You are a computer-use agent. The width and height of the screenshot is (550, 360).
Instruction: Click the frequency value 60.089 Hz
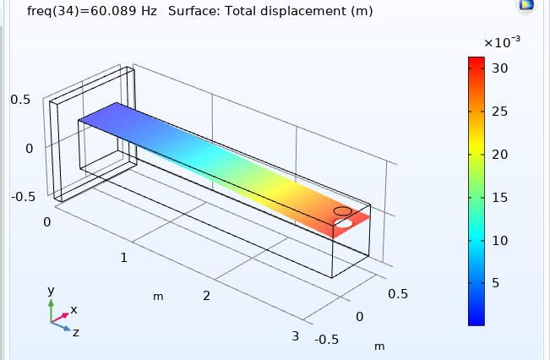(124, 11)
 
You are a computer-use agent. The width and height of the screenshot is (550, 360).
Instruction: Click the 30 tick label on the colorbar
(500, 68)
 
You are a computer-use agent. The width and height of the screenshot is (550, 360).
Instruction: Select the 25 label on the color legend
(500, 112)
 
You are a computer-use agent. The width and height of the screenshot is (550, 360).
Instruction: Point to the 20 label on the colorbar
(500, 155)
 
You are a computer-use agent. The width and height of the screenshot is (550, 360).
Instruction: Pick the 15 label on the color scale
(500, 198)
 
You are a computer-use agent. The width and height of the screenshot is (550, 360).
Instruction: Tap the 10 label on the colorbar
(500, 241)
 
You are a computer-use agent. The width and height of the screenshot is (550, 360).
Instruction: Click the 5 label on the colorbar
(496, 283)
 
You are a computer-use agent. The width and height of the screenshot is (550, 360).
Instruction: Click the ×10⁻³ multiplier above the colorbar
(502, 42)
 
